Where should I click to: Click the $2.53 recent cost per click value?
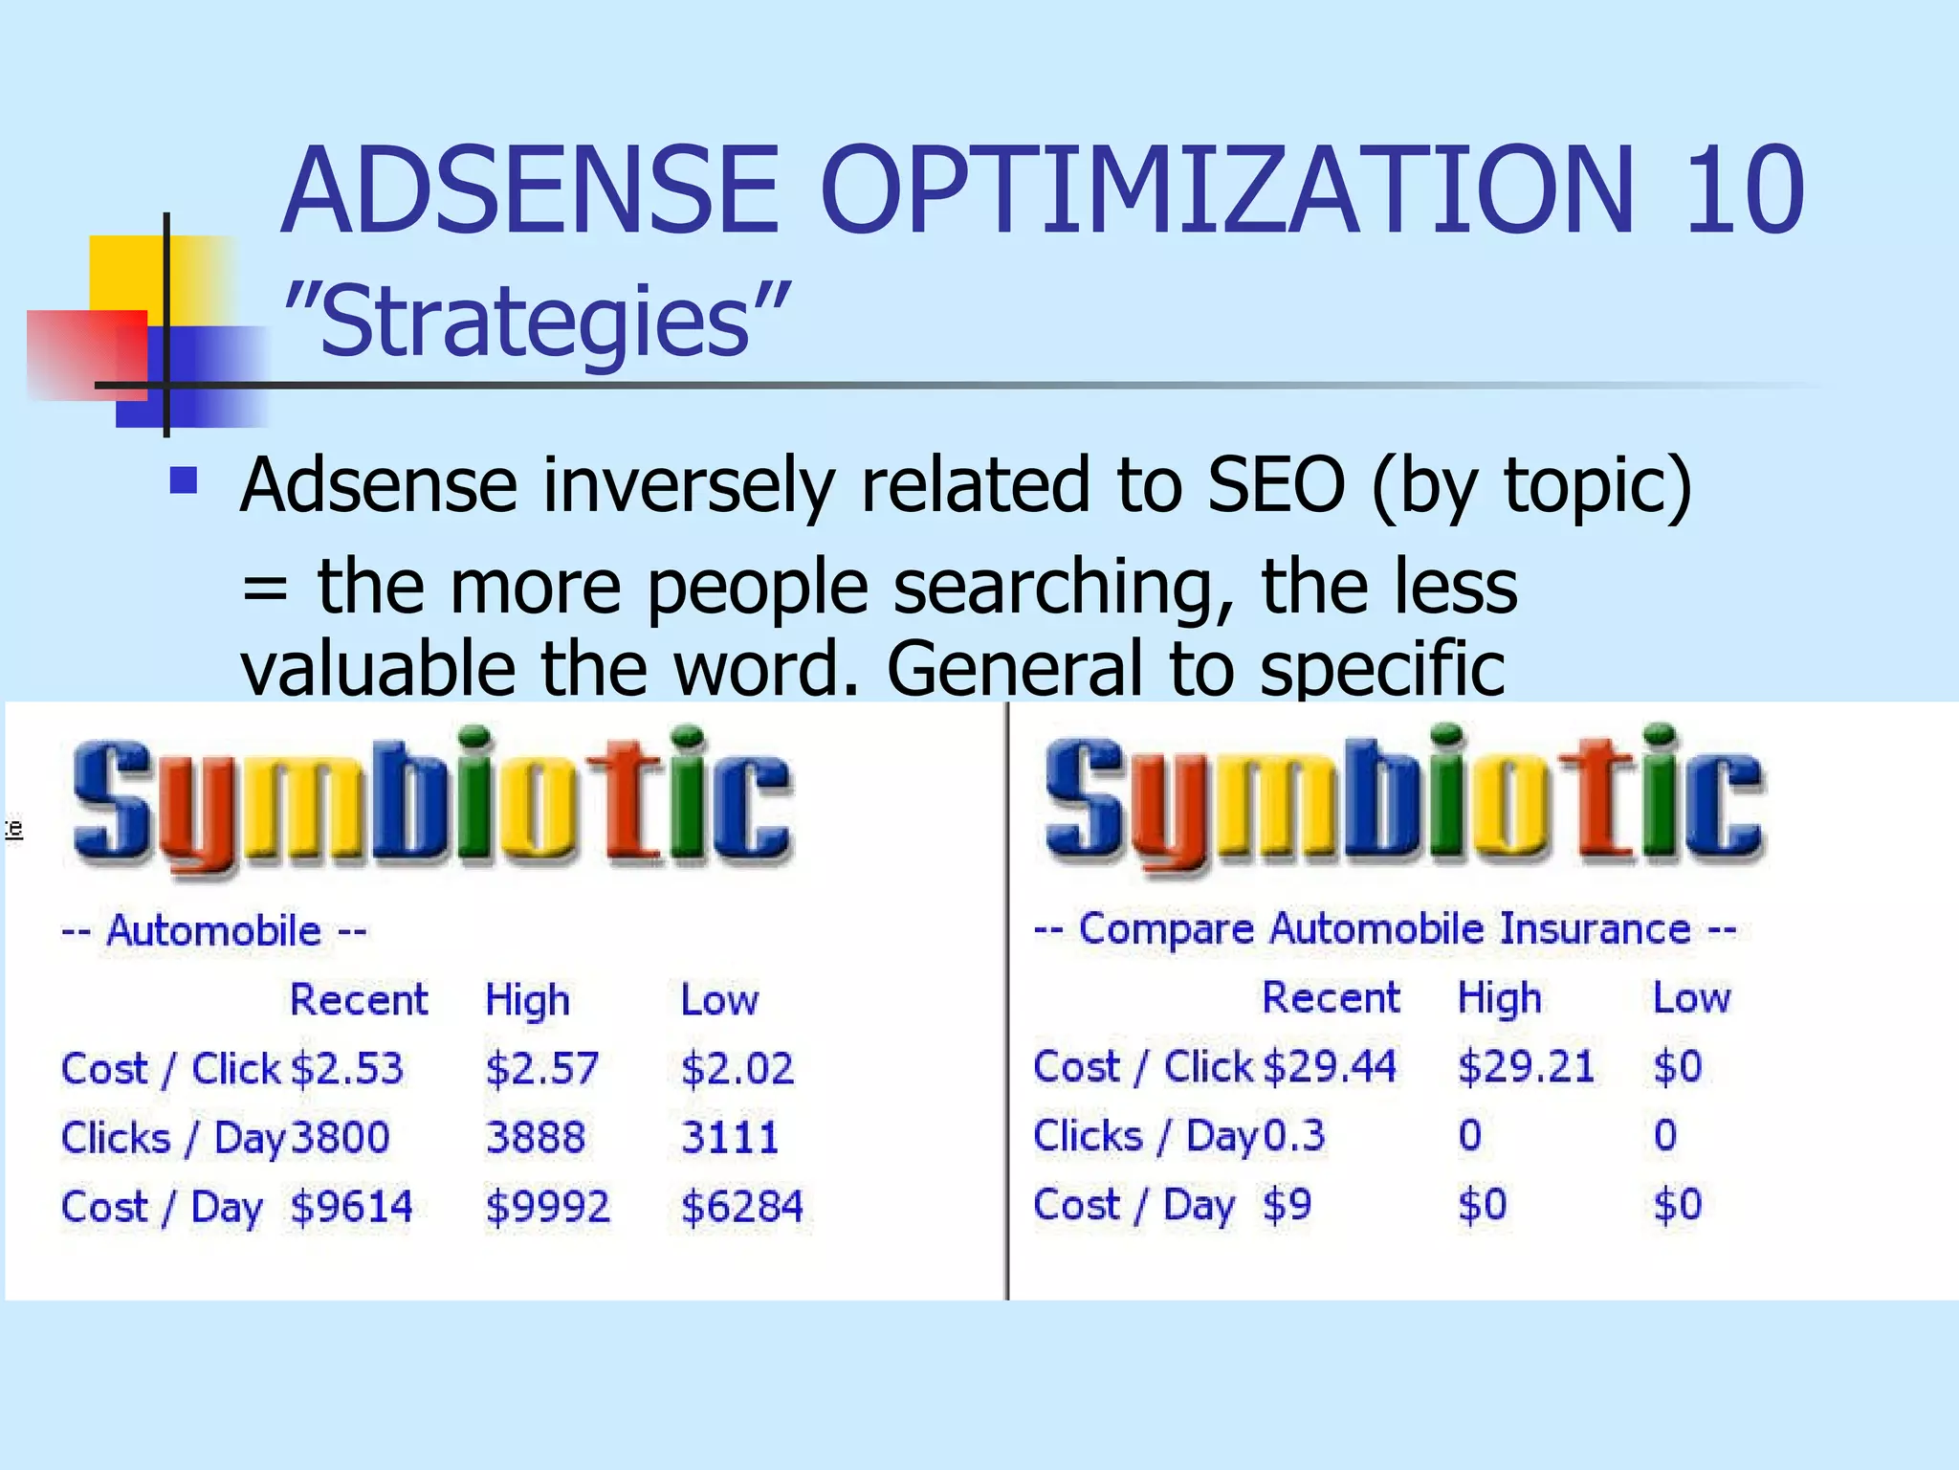tap(347, 1069)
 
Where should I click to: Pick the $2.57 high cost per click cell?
tap(541, 1069)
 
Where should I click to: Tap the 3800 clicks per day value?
tap(341, 1138)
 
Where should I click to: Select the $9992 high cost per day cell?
tap(547, 1207)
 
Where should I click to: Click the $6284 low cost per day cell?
tap(741, 1207)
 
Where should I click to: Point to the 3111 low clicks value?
tap(730, 1138)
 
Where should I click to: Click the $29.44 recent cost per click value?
tap(1330, 1067)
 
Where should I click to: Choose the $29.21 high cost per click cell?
tap(1526, 1067)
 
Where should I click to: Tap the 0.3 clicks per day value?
tap(1294, 1136)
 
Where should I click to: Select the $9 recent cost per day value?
tap(1287, 1205)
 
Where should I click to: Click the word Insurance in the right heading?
tap(1595, 929)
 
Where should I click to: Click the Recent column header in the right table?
tap(1331, 998)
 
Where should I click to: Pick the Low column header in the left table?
tap(719, 1001)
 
